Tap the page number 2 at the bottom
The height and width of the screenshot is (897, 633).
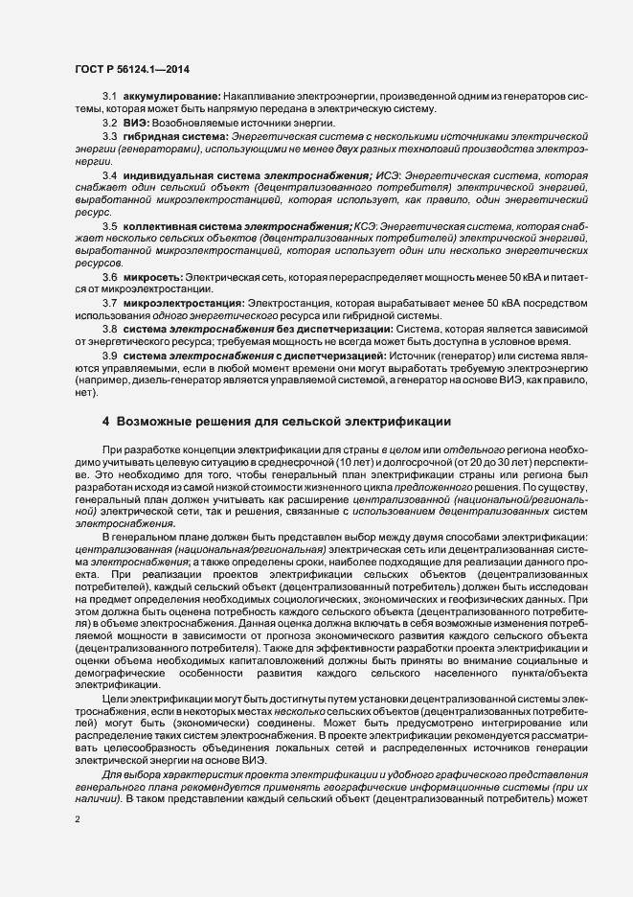77,820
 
